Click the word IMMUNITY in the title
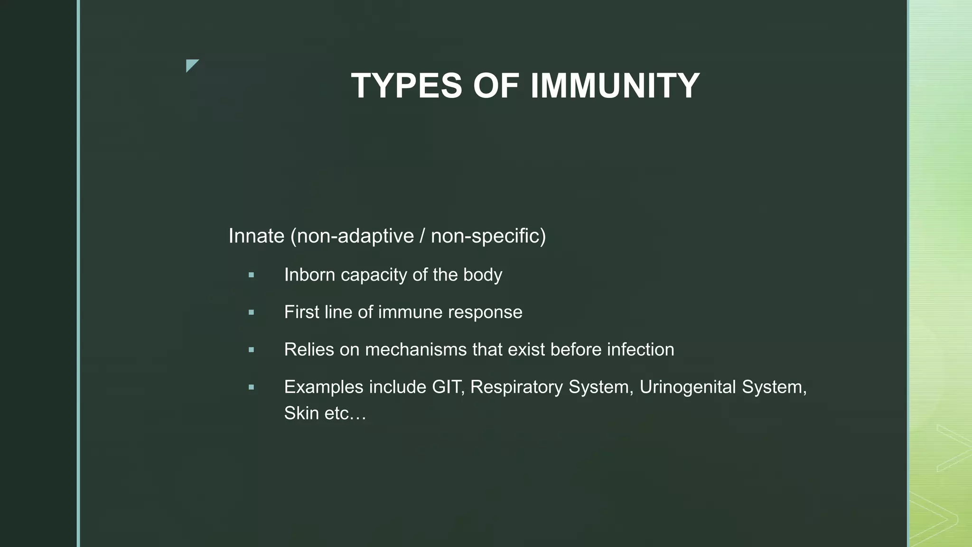click(615, 86)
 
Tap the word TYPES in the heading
click(406, 86)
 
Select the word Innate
click(256, 236)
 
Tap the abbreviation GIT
click(447, 387)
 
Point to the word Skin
click(301, 413)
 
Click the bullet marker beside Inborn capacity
click(251, 275)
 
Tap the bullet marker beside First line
click(251, 312)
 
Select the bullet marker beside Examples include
click(251, 387)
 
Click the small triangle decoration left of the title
click(191, 65)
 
